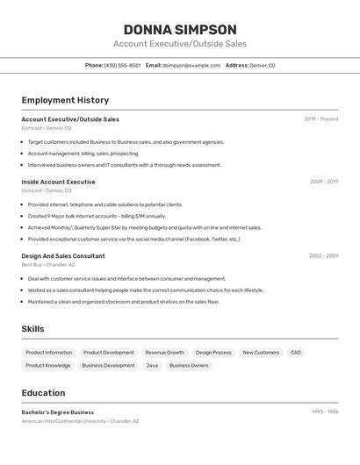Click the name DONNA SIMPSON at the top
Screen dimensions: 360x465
click(x=180, y=30)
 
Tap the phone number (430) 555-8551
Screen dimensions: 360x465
click(x=122, y=65)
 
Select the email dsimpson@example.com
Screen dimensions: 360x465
click(x=191, y=65)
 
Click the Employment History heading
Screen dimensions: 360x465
click(x=65, y=100)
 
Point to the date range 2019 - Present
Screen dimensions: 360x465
click(x=320, y=119)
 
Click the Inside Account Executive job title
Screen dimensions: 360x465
click(x=58, y=182)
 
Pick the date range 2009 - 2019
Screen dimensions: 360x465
click(x=324, y=182)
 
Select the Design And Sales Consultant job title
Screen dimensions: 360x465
click(x=63, y=256)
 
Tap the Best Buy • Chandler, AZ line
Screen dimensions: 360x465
click(x=47, y=264)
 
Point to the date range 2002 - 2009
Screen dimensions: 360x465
click(x=323, y=256)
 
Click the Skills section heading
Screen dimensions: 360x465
click(x=32, y=329)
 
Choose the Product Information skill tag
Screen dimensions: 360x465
click(x=49, y=353)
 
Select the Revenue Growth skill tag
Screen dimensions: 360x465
click(x=165, y=353)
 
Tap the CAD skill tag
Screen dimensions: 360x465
click(x=296, y=353)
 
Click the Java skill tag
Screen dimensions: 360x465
click(x=152, y=365)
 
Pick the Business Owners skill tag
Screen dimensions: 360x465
click(x=189, y=365)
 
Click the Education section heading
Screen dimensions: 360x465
click(x=43, y=393)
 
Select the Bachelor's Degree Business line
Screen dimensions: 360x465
click(x=58, y=412)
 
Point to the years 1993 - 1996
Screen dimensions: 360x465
click(x=325, y=412)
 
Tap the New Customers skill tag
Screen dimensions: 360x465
click(x=261, y=353)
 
